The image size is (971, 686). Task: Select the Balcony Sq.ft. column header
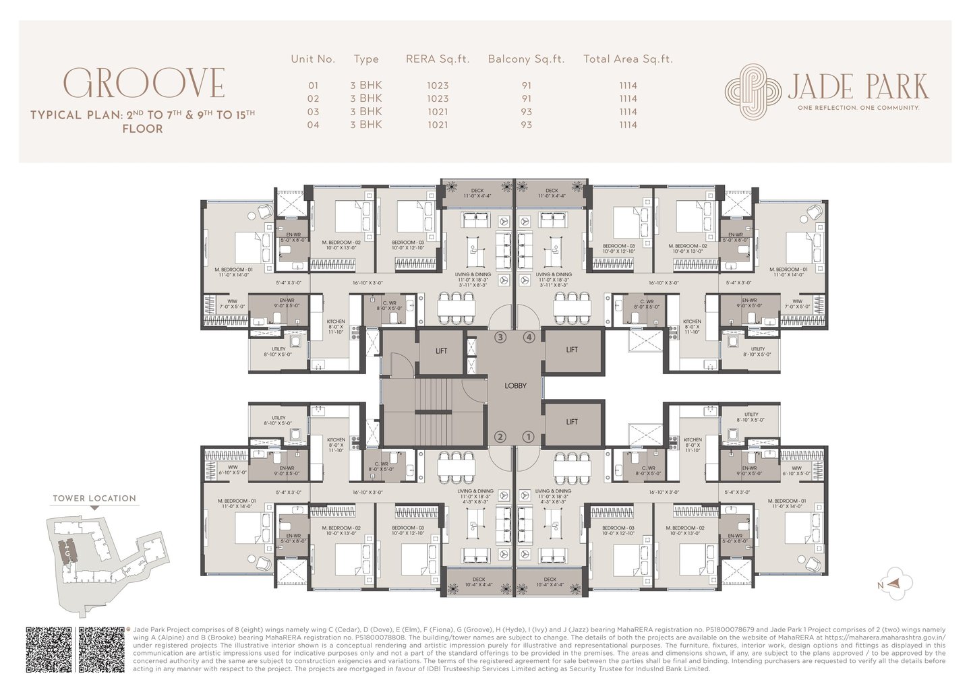tap(525, 59)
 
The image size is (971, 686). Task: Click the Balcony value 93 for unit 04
tap(526, 125)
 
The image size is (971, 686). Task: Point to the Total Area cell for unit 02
tap(628, 98)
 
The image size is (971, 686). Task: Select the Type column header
tap(366, 59)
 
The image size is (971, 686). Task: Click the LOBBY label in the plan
tap(515, 386)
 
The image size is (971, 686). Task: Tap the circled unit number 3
tap(500, 337)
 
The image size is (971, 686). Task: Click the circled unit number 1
tap(529, 437)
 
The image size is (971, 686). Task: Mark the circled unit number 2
tap(500, 437)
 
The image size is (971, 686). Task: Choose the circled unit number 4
tap(529, 337)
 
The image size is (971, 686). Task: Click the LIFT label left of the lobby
tap(441, 350)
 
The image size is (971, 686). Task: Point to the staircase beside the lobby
tap(432, 405)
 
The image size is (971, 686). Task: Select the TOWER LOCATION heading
tap(94, 499)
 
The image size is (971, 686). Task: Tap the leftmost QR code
tap(49, 649)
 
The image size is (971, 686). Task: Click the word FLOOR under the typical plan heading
tap(142, 129)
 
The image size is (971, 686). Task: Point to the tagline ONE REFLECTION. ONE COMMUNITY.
tap(858, 107)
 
